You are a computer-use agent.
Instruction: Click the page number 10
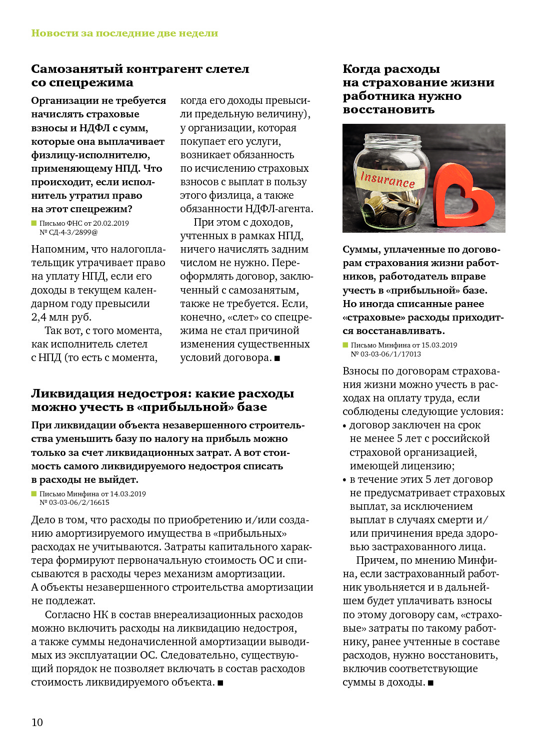point(37,722)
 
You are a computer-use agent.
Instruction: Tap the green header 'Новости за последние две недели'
point(124,33)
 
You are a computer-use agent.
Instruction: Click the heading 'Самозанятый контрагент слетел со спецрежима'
point(140,75)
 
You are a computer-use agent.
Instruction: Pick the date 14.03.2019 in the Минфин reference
point(128,494)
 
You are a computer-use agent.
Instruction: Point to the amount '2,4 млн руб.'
point(61,317)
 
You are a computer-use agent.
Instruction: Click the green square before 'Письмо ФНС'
point(34,223)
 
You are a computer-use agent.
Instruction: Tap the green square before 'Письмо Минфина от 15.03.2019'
point(345,345)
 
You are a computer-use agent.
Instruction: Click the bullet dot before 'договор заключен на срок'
point(344,426)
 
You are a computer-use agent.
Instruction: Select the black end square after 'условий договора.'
point(277,358)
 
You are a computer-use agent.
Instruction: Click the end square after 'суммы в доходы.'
point(431,683)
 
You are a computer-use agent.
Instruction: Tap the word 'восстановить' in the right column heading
point(388,110)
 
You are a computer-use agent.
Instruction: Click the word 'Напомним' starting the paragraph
point(56,249)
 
